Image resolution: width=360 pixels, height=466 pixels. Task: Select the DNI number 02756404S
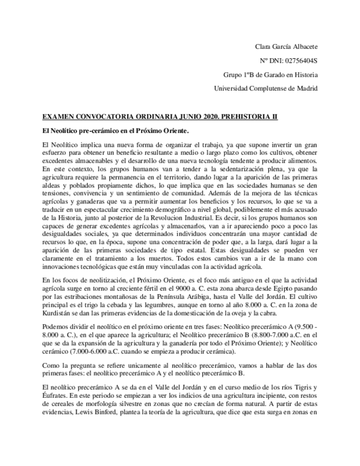[298, 60]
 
